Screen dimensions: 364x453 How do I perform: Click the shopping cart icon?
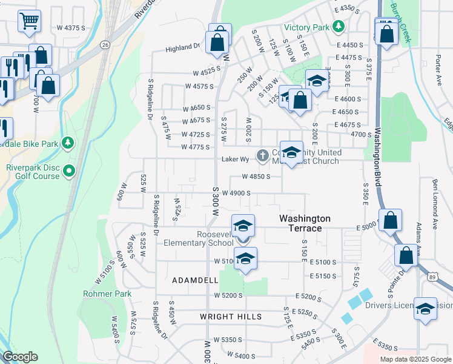pyautogui.click(x=29, y=21)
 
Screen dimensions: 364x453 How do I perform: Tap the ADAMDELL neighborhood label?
pyautogui.click(x=194, y=280)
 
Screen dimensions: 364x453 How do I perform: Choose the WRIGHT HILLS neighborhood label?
pyautogui.click(x=231, y=317)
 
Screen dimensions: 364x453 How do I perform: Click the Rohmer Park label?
pyautogui.click(x=107, y=294)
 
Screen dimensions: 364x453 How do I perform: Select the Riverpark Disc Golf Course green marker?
pyautogui.click(x=69, y=171)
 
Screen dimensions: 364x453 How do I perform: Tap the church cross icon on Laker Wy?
pyautogui.click(x=262, y=156)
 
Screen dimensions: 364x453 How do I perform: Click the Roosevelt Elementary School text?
pyautogui.click(x=198, y=238)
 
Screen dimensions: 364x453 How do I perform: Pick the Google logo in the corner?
pyautogui.click(x=20, y=357)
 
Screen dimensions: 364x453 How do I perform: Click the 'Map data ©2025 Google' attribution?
pyautogui.click(x=415, y=359)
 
